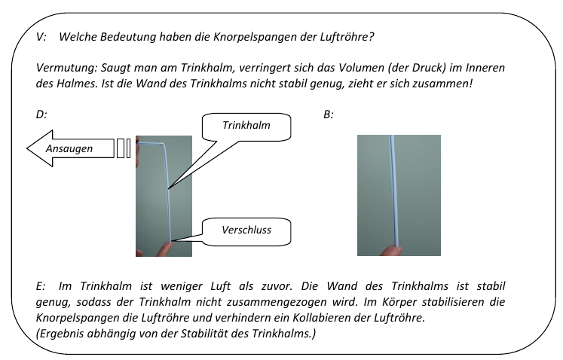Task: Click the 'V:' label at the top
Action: coord(41,36)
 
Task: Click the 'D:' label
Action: coord(41,114)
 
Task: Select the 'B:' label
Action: coord(328,114)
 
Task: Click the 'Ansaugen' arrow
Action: coord(68,148)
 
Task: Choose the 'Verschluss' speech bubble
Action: coord(246,230)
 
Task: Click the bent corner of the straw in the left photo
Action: coord(164,146)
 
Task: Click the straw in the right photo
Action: coord(391,188)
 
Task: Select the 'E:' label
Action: coord(41,287)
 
